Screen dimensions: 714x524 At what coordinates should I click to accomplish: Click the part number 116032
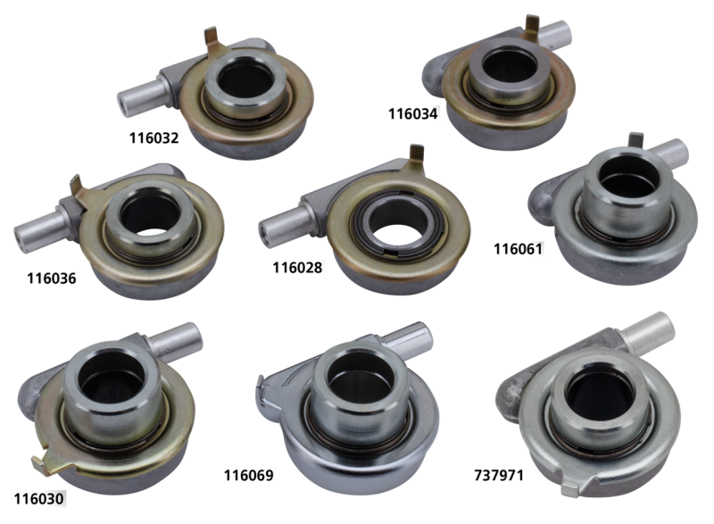[154, 138]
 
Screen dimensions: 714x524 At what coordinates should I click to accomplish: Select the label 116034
[412, 113]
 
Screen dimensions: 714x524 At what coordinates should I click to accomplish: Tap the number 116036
[52, 279]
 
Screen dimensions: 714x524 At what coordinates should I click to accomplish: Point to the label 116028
[297, 267]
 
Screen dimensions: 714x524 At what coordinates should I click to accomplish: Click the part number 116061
[519, 249]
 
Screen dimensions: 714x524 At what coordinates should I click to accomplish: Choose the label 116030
[38, 498]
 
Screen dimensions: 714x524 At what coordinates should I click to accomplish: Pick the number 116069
[249, 475]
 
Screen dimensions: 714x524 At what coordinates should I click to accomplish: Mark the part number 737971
[499, 475]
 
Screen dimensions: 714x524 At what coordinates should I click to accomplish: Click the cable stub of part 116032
[140, 95]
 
